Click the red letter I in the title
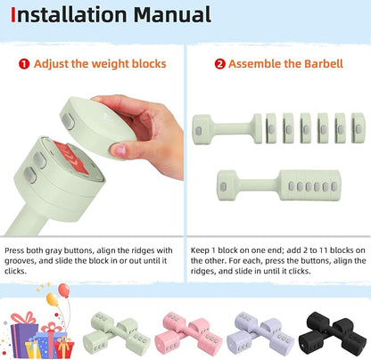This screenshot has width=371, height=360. pos(13,15)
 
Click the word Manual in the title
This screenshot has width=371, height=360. pos(172,14)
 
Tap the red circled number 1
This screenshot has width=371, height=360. pos(24,64)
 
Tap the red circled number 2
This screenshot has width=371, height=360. pos(219,64)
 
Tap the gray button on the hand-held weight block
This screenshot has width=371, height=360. pos(68,121)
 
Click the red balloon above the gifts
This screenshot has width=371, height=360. pos(64,290)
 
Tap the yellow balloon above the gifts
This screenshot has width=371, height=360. pos(53,299)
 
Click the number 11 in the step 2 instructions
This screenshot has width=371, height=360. pos(323,250)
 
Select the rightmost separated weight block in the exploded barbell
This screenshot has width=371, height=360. pos(358,128)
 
